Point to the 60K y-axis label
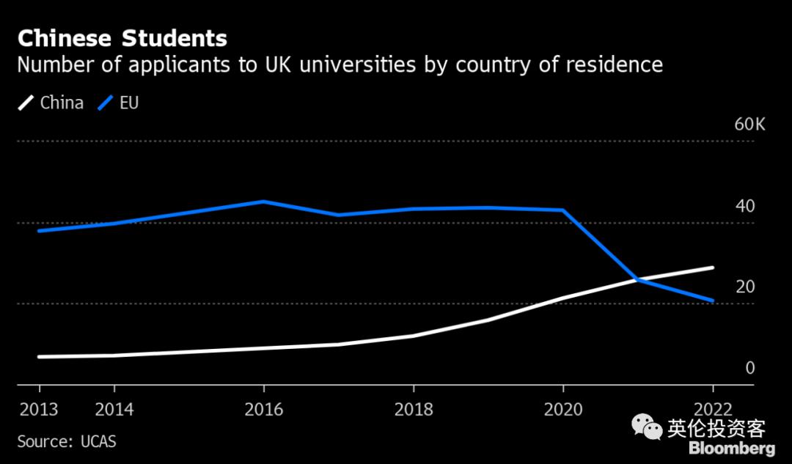click(749, 125)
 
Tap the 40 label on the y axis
click(745, 206)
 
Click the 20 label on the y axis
click(745, 287)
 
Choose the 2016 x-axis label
click(264, 409)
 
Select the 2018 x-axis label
click(414, 409)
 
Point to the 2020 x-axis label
click(563, 409)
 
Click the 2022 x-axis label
click(712, 409)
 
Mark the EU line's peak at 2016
click(264, 202)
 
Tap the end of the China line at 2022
click(712, 268)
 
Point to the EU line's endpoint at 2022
click(712, 301)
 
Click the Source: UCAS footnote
click(67, 442)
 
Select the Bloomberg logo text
click(731, 449)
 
